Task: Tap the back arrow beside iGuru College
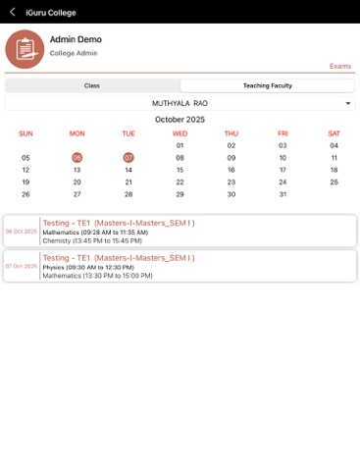[x=12, y=12]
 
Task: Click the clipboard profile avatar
[x=25, y=49]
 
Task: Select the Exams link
[x=340, y=66]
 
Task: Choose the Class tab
[x=91, y=86]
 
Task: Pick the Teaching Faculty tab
[x=267, y=86]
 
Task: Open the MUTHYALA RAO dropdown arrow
[x=348, y=103]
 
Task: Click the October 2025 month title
[x=180, y=119]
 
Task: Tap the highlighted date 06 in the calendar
[x=77, y=157]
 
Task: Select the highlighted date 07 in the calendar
[x=129, y=157]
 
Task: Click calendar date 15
[x=180, y=170]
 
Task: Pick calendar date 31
[x=283, y=194]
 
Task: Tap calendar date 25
[x=334, y=182]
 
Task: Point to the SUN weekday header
[x=26, y=133]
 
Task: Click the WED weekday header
[x=180, y=133]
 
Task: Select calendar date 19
[x=26, y=182]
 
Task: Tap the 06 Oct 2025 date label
[x=21, y=232]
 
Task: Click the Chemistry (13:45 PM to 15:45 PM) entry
[x=92, y=240]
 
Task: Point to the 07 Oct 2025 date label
[x=21, y=266]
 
